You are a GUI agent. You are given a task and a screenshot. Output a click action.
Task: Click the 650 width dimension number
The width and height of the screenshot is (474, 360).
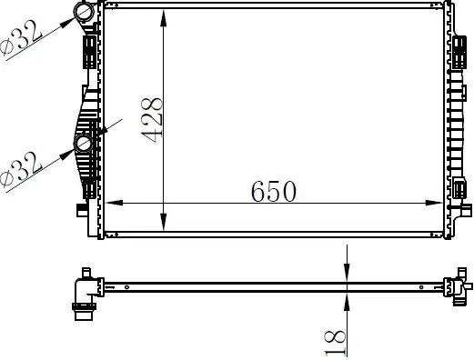pos(273,191)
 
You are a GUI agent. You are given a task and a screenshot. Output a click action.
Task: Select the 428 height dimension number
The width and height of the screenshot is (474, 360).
pos(152,120)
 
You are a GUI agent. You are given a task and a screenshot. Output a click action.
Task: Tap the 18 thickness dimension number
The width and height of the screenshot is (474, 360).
pos(335,343)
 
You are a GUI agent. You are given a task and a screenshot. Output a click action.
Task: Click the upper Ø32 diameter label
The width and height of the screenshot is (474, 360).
pos(21,38)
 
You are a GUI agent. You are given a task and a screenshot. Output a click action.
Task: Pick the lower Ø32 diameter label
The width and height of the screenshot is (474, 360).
pos(21,170)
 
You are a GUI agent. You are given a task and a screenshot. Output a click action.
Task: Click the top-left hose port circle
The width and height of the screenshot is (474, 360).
pos(84,11)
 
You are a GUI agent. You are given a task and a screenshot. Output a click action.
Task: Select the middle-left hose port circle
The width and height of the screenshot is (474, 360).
pos(84,144)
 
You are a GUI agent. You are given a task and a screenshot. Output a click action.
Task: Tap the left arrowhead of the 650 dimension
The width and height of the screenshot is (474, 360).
pos(114,203)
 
